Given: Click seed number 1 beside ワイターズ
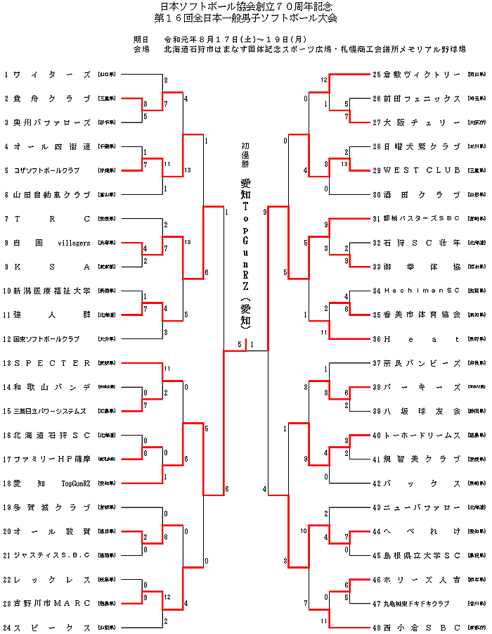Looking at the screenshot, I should pos(6,74).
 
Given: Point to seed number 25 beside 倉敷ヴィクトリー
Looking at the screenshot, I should pos(377,74).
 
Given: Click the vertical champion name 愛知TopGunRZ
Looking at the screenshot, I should pos(245,250).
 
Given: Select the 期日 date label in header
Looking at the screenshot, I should pos(141,39).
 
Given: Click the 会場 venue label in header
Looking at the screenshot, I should pos(141,49).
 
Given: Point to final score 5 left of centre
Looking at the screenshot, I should pos(240,345).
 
